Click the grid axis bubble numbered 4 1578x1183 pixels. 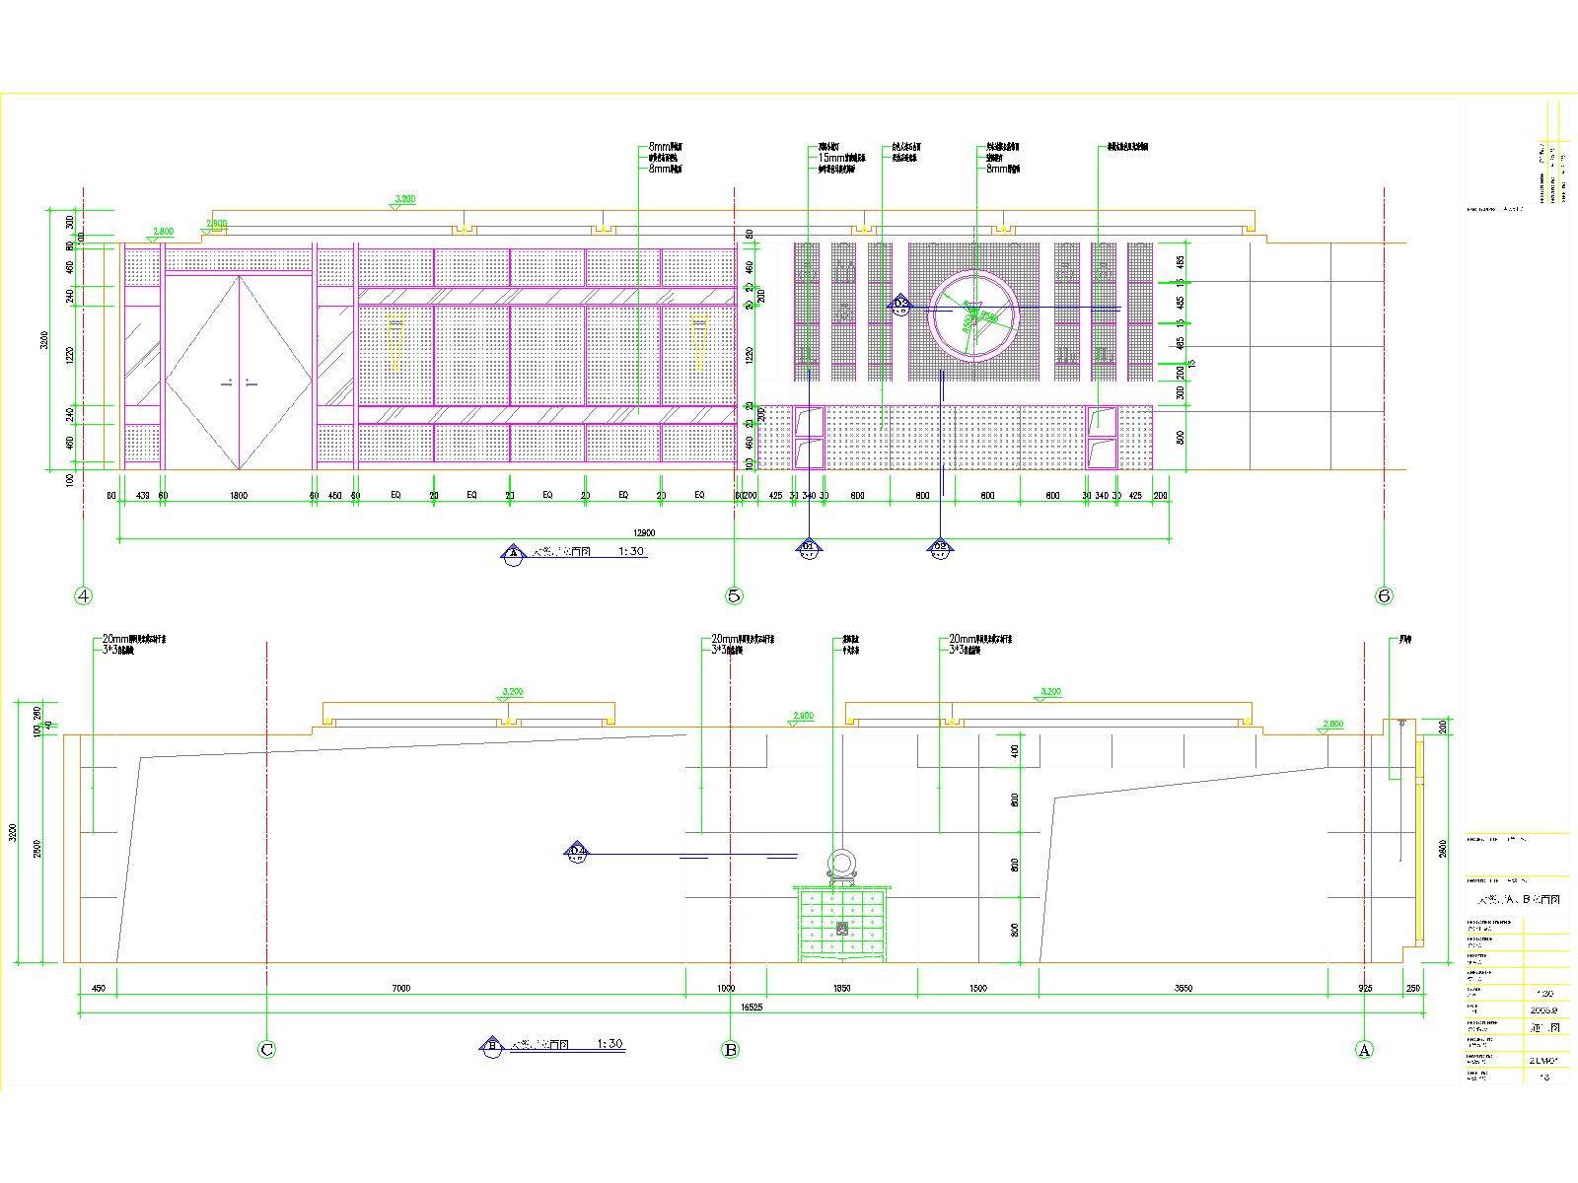pos(84,595)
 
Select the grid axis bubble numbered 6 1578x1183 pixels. pos(1385,595)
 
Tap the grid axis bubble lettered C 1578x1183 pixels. pos(266,1050)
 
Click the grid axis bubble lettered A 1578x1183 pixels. pos(1364,1050)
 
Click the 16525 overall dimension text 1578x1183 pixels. pos(753,1008)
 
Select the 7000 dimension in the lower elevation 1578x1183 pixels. pos(400,988)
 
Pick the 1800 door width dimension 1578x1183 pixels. pos(239,495)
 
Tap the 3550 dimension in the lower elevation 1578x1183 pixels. pos(1183,988)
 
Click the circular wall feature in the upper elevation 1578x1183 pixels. pos(973,313)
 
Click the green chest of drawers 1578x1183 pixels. pos(841,924)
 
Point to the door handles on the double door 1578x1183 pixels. pos(239,383)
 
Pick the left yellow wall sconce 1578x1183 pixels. pos(395,340)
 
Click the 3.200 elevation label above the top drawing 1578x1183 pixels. pos(404,199)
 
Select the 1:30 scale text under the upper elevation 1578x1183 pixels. pos(631,552)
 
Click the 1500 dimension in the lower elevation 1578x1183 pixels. pos(977,988)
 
